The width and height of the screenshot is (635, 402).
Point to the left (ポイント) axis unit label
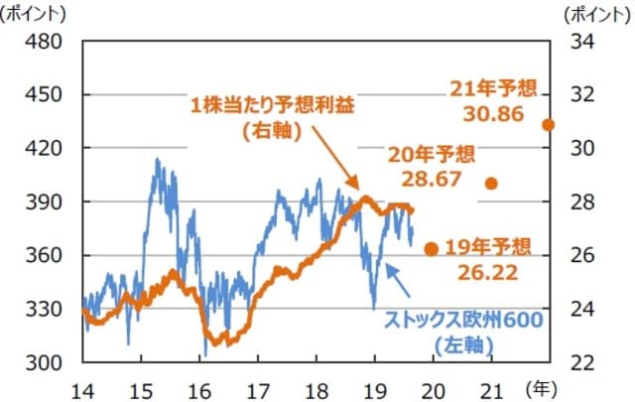[x=37, y=14]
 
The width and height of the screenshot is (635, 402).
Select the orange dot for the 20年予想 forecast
[x=490, y=184]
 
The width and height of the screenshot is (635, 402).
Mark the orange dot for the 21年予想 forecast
[x=548, y=125]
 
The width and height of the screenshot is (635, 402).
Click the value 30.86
[x=491, y=113]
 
